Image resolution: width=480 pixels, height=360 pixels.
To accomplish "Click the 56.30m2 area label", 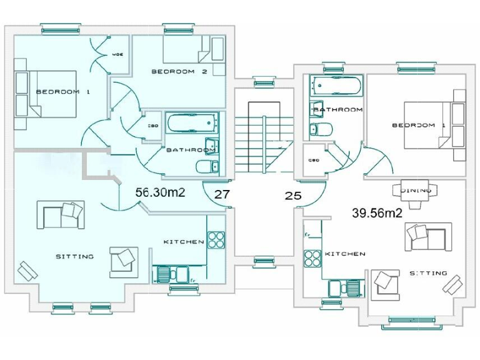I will point(161,193).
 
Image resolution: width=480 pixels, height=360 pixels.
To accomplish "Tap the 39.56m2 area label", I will point(376,212).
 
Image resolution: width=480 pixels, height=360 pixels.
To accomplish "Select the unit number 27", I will point(222,194).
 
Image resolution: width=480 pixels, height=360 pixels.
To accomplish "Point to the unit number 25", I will point(293,196).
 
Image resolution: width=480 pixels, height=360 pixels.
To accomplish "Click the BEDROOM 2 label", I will point(179,72).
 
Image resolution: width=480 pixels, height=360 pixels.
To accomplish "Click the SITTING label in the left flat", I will point(74,256).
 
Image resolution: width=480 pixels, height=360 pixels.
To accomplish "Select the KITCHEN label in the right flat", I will point(345,254).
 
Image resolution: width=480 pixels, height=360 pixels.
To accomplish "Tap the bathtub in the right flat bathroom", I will point(336,85).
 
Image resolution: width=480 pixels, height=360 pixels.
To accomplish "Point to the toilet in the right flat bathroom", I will point(321,130).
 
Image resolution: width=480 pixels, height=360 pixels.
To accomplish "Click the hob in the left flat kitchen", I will point(216,240).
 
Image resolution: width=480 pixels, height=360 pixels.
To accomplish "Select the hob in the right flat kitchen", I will point(311,257).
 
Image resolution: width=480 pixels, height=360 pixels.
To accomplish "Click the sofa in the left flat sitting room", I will point(61,214).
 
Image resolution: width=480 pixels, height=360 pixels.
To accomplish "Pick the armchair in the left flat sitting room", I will point(122,261).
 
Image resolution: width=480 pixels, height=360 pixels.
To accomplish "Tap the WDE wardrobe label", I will point(117,54).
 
